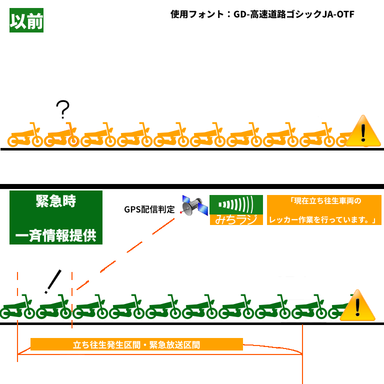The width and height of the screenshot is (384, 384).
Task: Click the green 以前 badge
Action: [x=26, y=20]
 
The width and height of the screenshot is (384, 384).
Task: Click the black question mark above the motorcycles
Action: [x=62, y=109]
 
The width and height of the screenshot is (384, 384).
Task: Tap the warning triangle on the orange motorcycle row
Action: [x=363, y=131]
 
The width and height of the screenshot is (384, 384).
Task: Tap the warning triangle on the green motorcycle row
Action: [x=357, y=305]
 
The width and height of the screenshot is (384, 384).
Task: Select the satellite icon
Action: [x=193, y=205]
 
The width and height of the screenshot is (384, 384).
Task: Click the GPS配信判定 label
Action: [x=149, y=209]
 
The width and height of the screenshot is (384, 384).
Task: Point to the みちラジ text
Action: [x=236, y=219]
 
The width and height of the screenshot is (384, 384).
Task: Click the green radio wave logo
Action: [x=236, y=204]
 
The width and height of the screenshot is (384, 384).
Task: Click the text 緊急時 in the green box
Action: [x=56, y=201]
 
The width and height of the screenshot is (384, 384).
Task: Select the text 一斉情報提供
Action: [x=56, y=235]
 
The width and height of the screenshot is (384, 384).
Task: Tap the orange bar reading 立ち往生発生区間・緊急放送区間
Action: [x=136, y=344]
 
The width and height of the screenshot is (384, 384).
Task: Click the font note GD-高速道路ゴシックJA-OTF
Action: [x=294, y=14]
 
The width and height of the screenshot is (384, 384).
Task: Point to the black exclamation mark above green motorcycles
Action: [x=53, y=281]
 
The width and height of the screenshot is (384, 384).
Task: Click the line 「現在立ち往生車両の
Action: [x=325, y=201]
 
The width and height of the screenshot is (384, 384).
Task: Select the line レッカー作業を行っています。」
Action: [x=323, y=220]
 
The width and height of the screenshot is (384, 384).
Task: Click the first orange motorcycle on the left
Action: [x=25, y=135]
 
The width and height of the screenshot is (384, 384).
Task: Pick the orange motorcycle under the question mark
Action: [x=61, y=135]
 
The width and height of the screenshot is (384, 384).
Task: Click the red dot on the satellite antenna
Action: [x=181, y=212]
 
